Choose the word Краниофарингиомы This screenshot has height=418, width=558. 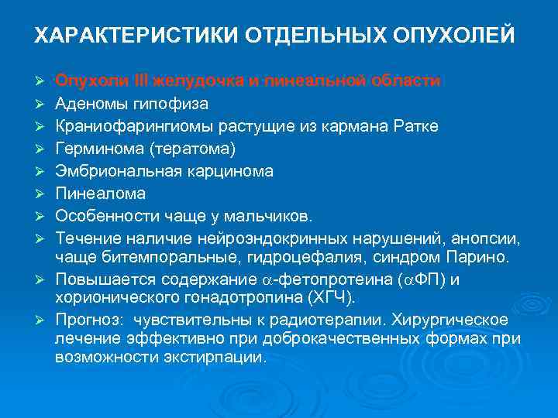point(121,125)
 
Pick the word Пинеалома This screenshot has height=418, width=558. point(95,193)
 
